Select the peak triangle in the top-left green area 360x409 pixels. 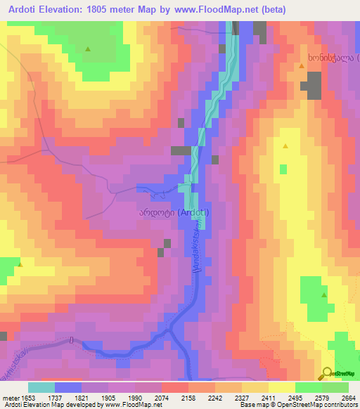[88, 49]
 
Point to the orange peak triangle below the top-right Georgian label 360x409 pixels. [302, 66]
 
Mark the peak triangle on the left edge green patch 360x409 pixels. [20, 265]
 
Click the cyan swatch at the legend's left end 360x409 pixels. [41, 387]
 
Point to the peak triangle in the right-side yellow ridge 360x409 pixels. [285, 146]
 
